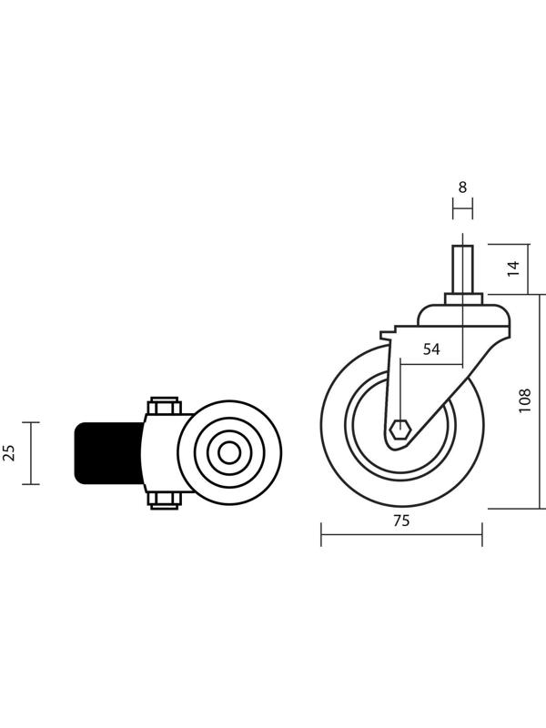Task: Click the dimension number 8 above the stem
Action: click(x=462, y=187)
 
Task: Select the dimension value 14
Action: click(x=512, y=268)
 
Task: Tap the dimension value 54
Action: click(x=431, y=349)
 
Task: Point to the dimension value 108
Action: click(x=524, y=400)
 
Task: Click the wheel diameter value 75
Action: click(x=401, y=521)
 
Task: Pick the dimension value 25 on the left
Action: click(x=9, y=452)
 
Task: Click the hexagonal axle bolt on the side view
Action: click(x=400, y=430)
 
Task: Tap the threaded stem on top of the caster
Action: click(x=462, y=269)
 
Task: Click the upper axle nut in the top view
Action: click(x=164, y=406)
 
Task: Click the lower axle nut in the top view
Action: click(x=164, y=500)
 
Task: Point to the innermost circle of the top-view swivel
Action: click(x=229, y=453)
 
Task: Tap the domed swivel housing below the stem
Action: click(x=464, y=315)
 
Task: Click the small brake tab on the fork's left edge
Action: click(x=386, y=335)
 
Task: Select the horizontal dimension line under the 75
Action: click(x=401, y=534)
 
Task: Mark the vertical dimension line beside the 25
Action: click(x=31, y=453)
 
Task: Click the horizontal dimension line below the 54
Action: click(x=431, y=365)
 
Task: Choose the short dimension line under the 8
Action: click(x=462, y=208)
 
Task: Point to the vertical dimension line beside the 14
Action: click(x=529, y=269)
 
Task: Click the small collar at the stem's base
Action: click(x=463, y=298)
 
